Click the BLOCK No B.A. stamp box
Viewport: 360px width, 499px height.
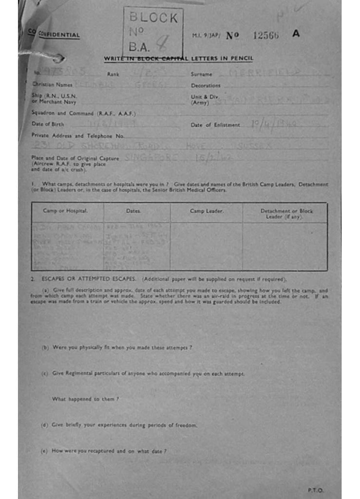pyautogui.click(x=153, y=32)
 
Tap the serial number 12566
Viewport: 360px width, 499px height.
pyautogui.click(x=266, y=35)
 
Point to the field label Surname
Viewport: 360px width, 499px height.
pyautogui.click(x=201, y=75)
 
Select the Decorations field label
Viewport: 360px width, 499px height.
pyautogui.click(x=206, y=85)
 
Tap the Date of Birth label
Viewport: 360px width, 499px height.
pyautogui.click(x=48, y=124)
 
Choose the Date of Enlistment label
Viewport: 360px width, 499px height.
pyautogui.click(x=215, y=125)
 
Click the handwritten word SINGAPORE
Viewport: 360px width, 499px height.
pyautogui.click(x=151, y=158)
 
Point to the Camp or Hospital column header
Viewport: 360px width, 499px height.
pyautogui.click(x=65, y=211)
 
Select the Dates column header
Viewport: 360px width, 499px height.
pyautogui.click(x=133, y=211)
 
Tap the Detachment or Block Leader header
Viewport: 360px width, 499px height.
pyautogui.click(x=286, y=213)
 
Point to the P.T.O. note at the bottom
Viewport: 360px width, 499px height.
pyautogui.click(x=315, y=490)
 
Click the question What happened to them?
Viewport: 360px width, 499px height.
pyautogui.click(x=85, y=399)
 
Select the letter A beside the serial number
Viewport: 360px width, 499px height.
pyautogui.click(x=296, y=34)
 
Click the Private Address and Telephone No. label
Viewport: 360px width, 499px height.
pyautogui.click(x=78, y=135)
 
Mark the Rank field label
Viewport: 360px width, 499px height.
pyautogui.click(x=113, y=75)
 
